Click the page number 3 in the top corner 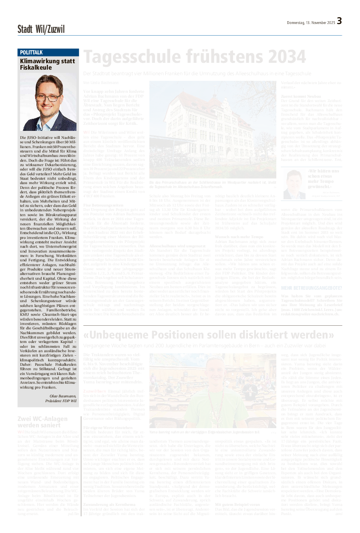(x=339, y=21)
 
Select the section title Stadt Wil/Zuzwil (x=41, y=29)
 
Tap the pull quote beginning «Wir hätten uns (x=324, y=178)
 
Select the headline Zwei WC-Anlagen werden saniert (x=42, y=422)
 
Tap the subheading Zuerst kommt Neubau (x=301, y=96)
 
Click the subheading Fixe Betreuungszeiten (x=103, y=205)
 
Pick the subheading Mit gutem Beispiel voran (x=237, y=505)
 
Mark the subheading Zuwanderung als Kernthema (x=107, y=505)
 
